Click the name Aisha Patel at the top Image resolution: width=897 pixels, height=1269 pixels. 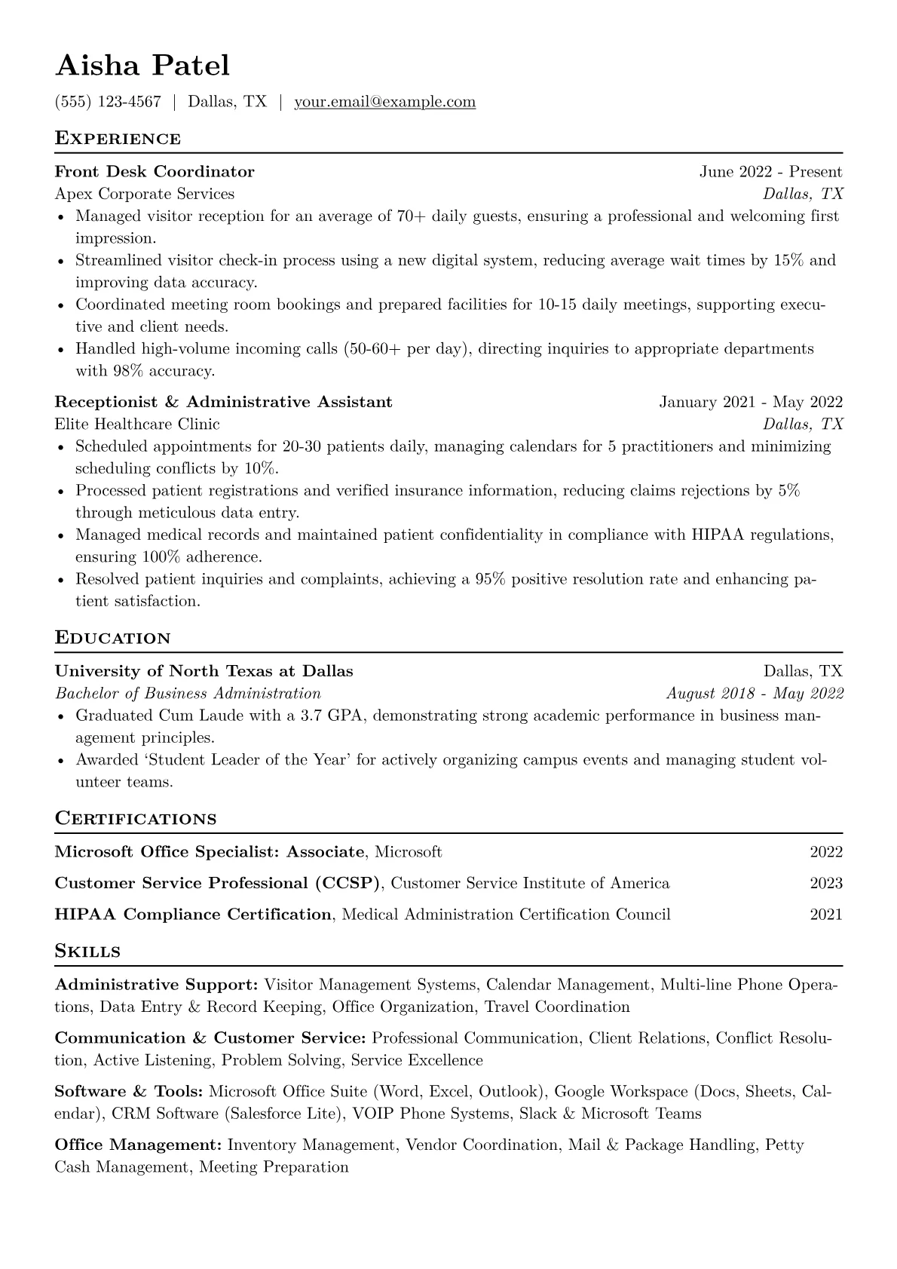point(142,66)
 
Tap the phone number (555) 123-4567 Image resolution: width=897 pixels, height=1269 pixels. point(108,102)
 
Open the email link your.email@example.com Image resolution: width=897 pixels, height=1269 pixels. point(384,102)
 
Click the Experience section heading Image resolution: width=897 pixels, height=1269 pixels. point(118,139)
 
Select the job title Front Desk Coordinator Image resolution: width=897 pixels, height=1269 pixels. point(155,172)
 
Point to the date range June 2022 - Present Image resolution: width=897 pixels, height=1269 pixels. point(770,172)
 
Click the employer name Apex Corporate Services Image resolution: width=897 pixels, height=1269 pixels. point(145,194)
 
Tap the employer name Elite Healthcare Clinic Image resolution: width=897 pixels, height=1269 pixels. point(137,424)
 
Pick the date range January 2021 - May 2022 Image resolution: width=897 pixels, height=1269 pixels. point(751,402)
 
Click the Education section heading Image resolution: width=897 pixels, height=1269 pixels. point(113,638)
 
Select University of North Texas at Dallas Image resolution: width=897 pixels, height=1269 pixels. point(204,671)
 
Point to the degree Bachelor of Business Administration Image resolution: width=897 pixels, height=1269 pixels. point(188,693)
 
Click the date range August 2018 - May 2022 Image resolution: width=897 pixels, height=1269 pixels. point(755,693)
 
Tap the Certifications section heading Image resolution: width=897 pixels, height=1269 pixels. point(136,819)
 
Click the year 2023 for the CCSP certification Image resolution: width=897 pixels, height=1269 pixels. point(826,883)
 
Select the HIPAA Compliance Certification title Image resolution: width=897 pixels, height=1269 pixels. point(193,915)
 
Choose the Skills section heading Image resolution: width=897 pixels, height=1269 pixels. point(87,952)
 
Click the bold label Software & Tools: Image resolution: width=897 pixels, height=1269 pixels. point(129,1092)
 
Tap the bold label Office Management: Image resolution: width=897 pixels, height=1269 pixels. point(138,1145)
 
